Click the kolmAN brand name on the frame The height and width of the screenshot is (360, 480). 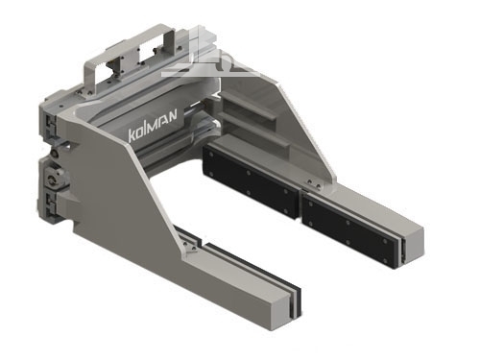click(x=153, y=126)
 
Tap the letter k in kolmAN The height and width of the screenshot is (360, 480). click(x=132, y=135)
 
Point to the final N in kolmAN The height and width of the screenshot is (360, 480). click(x=172, y=115)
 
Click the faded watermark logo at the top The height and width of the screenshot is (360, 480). click(x=209, y=55)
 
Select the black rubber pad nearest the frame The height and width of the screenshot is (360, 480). click(x=252, y=180)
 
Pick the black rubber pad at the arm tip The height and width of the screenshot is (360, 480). click(x=351, y=228)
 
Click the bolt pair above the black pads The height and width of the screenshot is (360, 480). click(x=314, y=184)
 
